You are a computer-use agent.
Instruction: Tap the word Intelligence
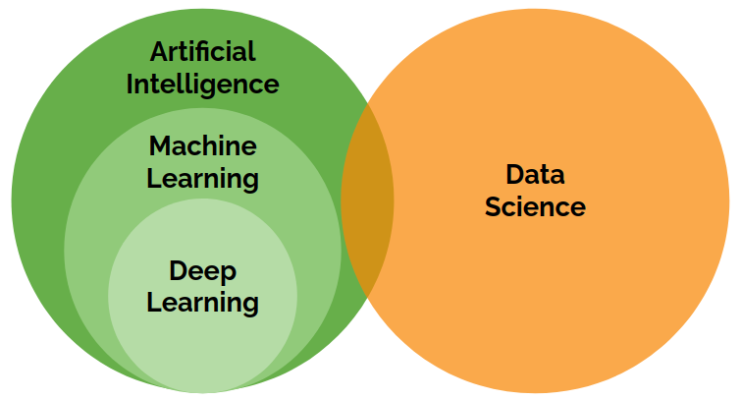coord(203,84)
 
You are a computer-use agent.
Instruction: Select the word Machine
coord(203,146)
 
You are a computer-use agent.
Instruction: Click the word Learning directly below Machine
coord(203,180)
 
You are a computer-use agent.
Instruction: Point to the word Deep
coord(203,269)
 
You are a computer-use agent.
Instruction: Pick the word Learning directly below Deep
coord(203,302)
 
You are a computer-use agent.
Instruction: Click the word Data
coord(535,174)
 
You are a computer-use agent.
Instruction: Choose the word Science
coord(535,207)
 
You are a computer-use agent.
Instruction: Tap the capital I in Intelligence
coord(132,84)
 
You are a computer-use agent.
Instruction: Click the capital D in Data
coord(514,174)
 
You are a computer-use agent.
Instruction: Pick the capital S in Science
coord(494,207)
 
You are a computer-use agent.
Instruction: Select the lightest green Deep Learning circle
coord(203,344)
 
